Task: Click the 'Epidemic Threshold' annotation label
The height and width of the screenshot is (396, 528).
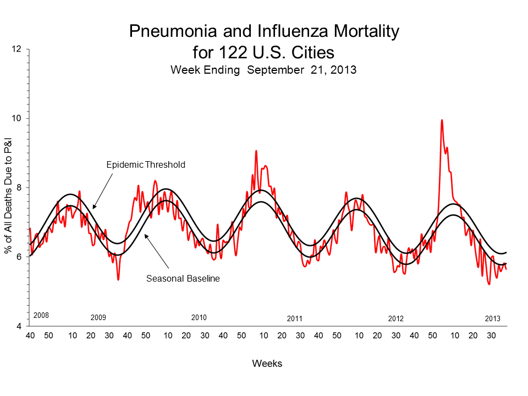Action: point(146,164)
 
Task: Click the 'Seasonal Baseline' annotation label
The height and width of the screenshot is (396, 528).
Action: point(183,278)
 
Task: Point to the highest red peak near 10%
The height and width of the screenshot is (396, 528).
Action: point(442,120)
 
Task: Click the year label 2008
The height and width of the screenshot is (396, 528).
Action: point(41,316)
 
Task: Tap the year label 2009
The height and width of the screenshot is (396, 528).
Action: point(98,318)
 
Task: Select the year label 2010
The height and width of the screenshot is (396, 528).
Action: point(199,318)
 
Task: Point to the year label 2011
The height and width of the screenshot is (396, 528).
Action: point(295,318)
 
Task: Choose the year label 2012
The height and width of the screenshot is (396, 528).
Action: point(395,318)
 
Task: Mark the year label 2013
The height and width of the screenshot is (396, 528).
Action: point(492,318)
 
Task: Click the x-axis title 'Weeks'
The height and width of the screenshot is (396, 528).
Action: point(267,364)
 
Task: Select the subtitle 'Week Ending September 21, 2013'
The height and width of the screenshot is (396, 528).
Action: point(263,70)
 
